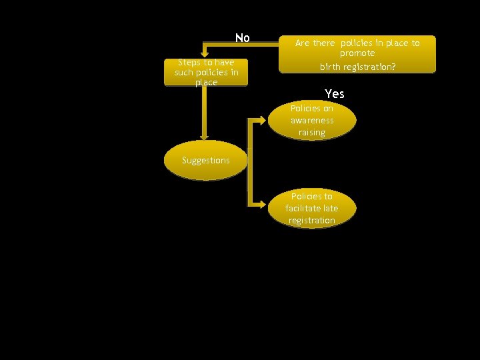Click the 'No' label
click(x=242, y=38)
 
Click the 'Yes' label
click(x=334, y=93)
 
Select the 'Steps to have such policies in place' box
click(x=206, y=72)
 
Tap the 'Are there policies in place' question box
click(x=357, y=54)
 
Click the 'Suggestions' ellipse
click(x=205, y=160)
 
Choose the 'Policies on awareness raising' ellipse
click(x=312, y=121)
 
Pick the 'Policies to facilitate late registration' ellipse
click(x=312, y=208)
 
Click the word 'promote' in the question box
click(x=357, y=53)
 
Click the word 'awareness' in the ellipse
click(x=312, y=121)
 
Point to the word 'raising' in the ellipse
click(x=312, y=133)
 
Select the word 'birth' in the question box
click(x=331, y=67)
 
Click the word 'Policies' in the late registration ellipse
click(x=312, y=197)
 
